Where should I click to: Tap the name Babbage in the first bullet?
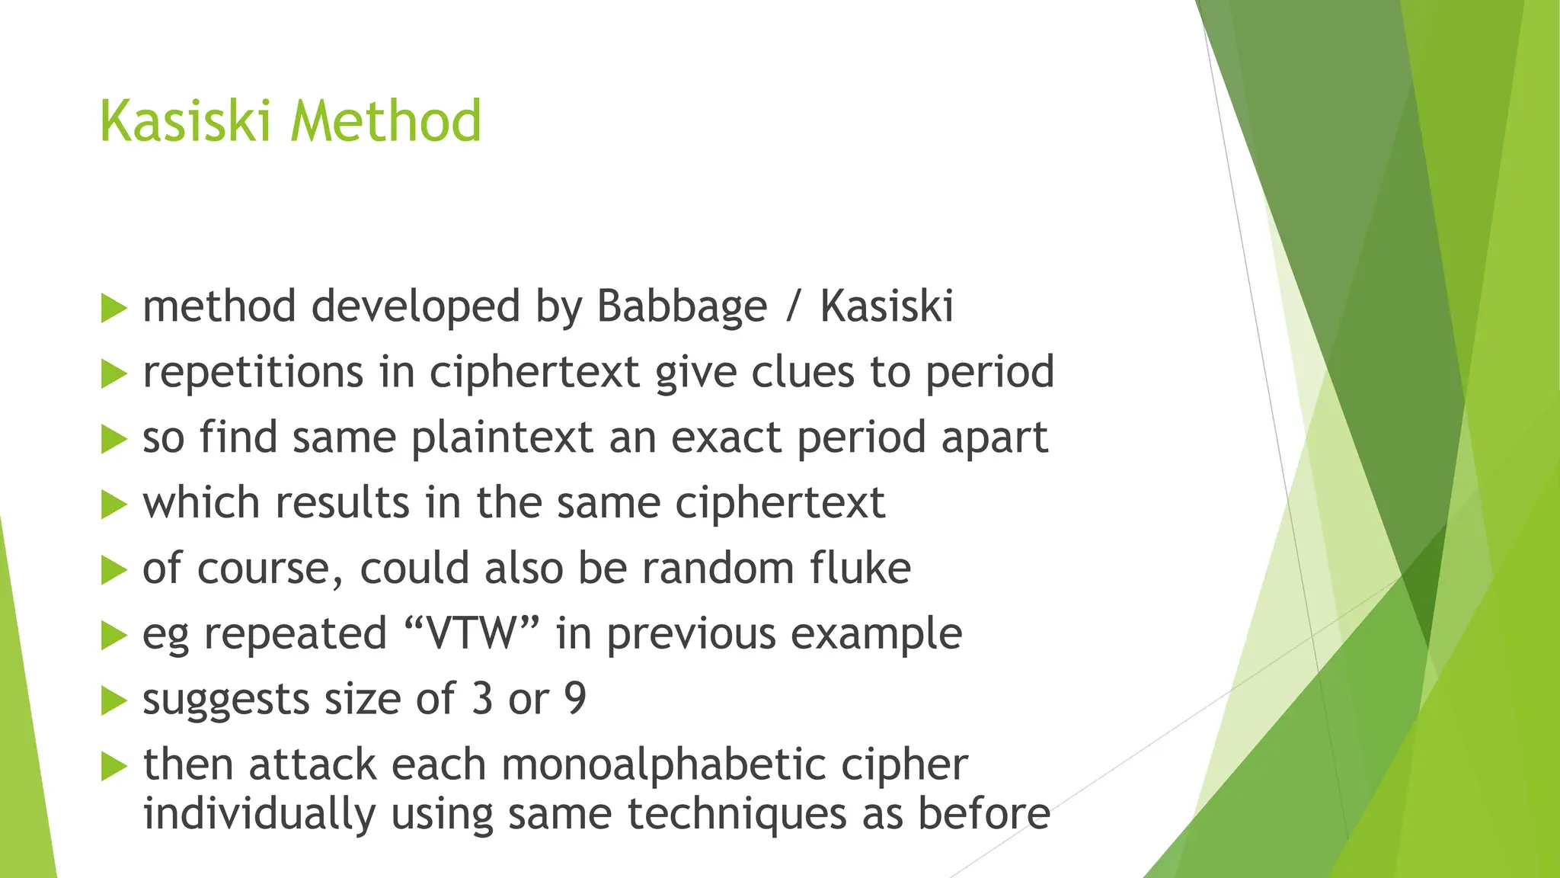pyautogui.click(x=681, y=307)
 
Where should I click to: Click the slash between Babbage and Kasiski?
pyautogui.click(x=794, y=307)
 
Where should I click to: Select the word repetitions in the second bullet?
pyautogui.click(x=253, y=373)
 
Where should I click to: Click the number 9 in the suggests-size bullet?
pyautogui.click(x=575, y=699)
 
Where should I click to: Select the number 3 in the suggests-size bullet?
pyautogui.click(x=482, y=699)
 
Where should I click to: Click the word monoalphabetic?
pyautogui.click(x=663, y=765)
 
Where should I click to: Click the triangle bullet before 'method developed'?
pyautogui.click(x=113, y=309)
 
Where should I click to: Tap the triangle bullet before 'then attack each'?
pyautogui.click(x=113, y=767)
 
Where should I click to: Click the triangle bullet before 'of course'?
pyautogui.click(x=113, y=570)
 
